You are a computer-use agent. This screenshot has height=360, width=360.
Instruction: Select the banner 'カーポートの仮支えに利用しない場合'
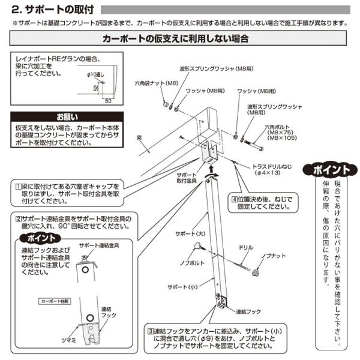176,38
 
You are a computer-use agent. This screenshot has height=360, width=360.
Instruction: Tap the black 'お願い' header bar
71,116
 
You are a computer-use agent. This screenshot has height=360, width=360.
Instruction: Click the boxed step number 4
235,199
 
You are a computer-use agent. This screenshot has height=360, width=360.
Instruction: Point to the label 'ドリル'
246,247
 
